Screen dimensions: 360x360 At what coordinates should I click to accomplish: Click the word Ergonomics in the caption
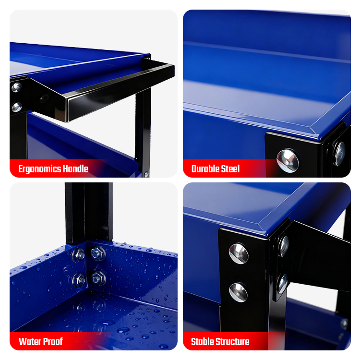coord(40,169)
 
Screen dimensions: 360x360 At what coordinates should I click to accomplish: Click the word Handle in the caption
coord(76,169)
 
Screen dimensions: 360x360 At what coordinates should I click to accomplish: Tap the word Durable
coord(204,169)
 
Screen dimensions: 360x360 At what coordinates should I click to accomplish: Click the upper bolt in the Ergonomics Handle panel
coord(16,87)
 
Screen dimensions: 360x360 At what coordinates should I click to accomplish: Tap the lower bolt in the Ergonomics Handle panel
coord(17,107)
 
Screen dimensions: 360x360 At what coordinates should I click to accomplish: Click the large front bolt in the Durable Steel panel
coord(288,160)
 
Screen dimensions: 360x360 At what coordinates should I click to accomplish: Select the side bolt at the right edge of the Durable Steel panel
coord(340,154)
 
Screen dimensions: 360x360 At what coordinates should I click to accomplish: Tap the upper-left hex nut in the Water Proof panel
coord(79,254)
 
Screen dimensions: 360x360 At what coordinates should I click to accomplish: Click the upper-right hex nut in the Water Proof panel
coord(98,253)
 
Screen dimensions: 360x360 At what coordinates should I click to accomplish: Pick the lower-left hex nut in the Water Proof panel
coord(79,280)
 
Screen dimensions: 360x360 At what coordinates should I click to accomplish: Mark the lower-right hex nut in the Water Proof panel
coord(99,278)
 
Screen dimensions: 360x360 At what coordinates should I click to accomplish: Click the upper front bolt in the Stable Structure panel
coord(239,254)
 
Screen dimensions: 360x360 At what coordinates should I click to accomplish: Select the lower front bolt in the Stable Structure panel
coord(238,292)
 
